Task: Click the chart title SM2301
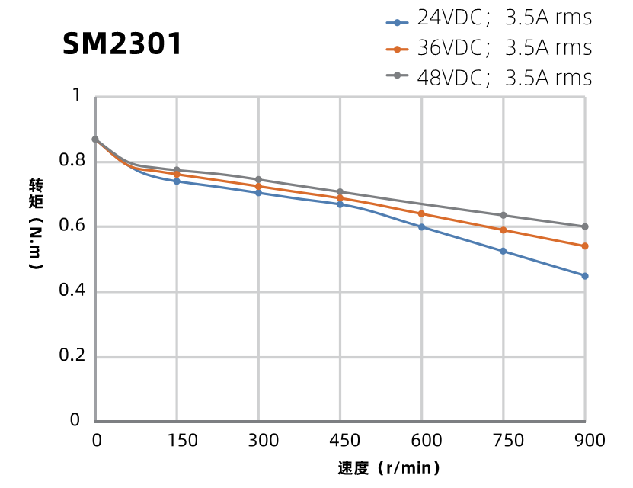coord(122,44)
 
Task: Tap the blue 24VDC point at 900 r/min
coord(585,276)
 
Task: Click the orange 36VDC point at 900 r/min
coord(585,246)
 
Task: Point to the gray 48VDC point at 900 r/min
coord(585,226)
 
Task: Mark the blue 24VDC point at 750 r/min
coord(504,251)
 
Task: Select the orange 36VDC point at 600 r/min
coord(422,213)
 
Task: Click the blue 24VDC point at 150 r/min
coord(177,181)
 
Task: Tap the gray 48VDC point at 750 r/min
coord(504,215)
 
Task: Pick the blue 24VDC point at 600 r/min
coord(422,226)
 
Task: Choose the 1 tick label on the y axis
coord(75,95)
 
